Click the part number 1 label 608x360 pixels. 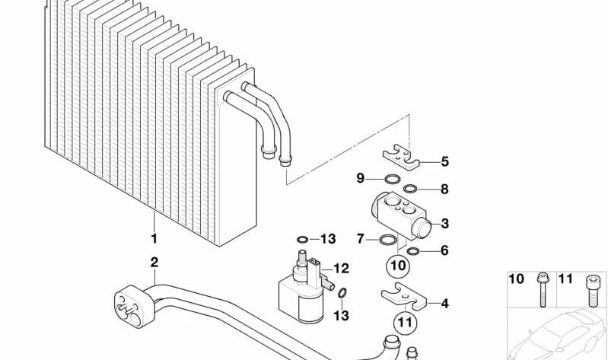(x=154, y=238)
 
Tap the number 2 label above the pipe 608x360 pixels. (x=154, y=263)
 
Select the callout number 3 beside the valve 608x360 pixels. (x=445, y=223)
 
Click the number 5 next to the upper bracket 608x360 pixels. (x=445, y=161)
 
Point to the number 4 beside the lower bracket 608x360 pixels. (x=445, y=304)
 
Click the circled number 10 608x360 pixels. (x=397, y=266)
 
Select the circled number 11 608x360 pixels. (x=405, y=322)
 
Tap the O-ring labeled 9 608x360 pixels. (x=391, y=179)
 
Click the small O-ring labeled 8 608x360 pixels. (x=410, y=190)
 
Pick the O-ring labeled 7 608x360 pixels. (x=387, y=241)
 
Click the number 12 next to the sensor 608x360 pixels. (x=341, y=268)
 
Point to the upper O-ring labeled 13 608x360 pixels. (x=302, y=239)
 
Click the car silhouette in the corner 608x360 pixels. (x=559, y=335)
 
